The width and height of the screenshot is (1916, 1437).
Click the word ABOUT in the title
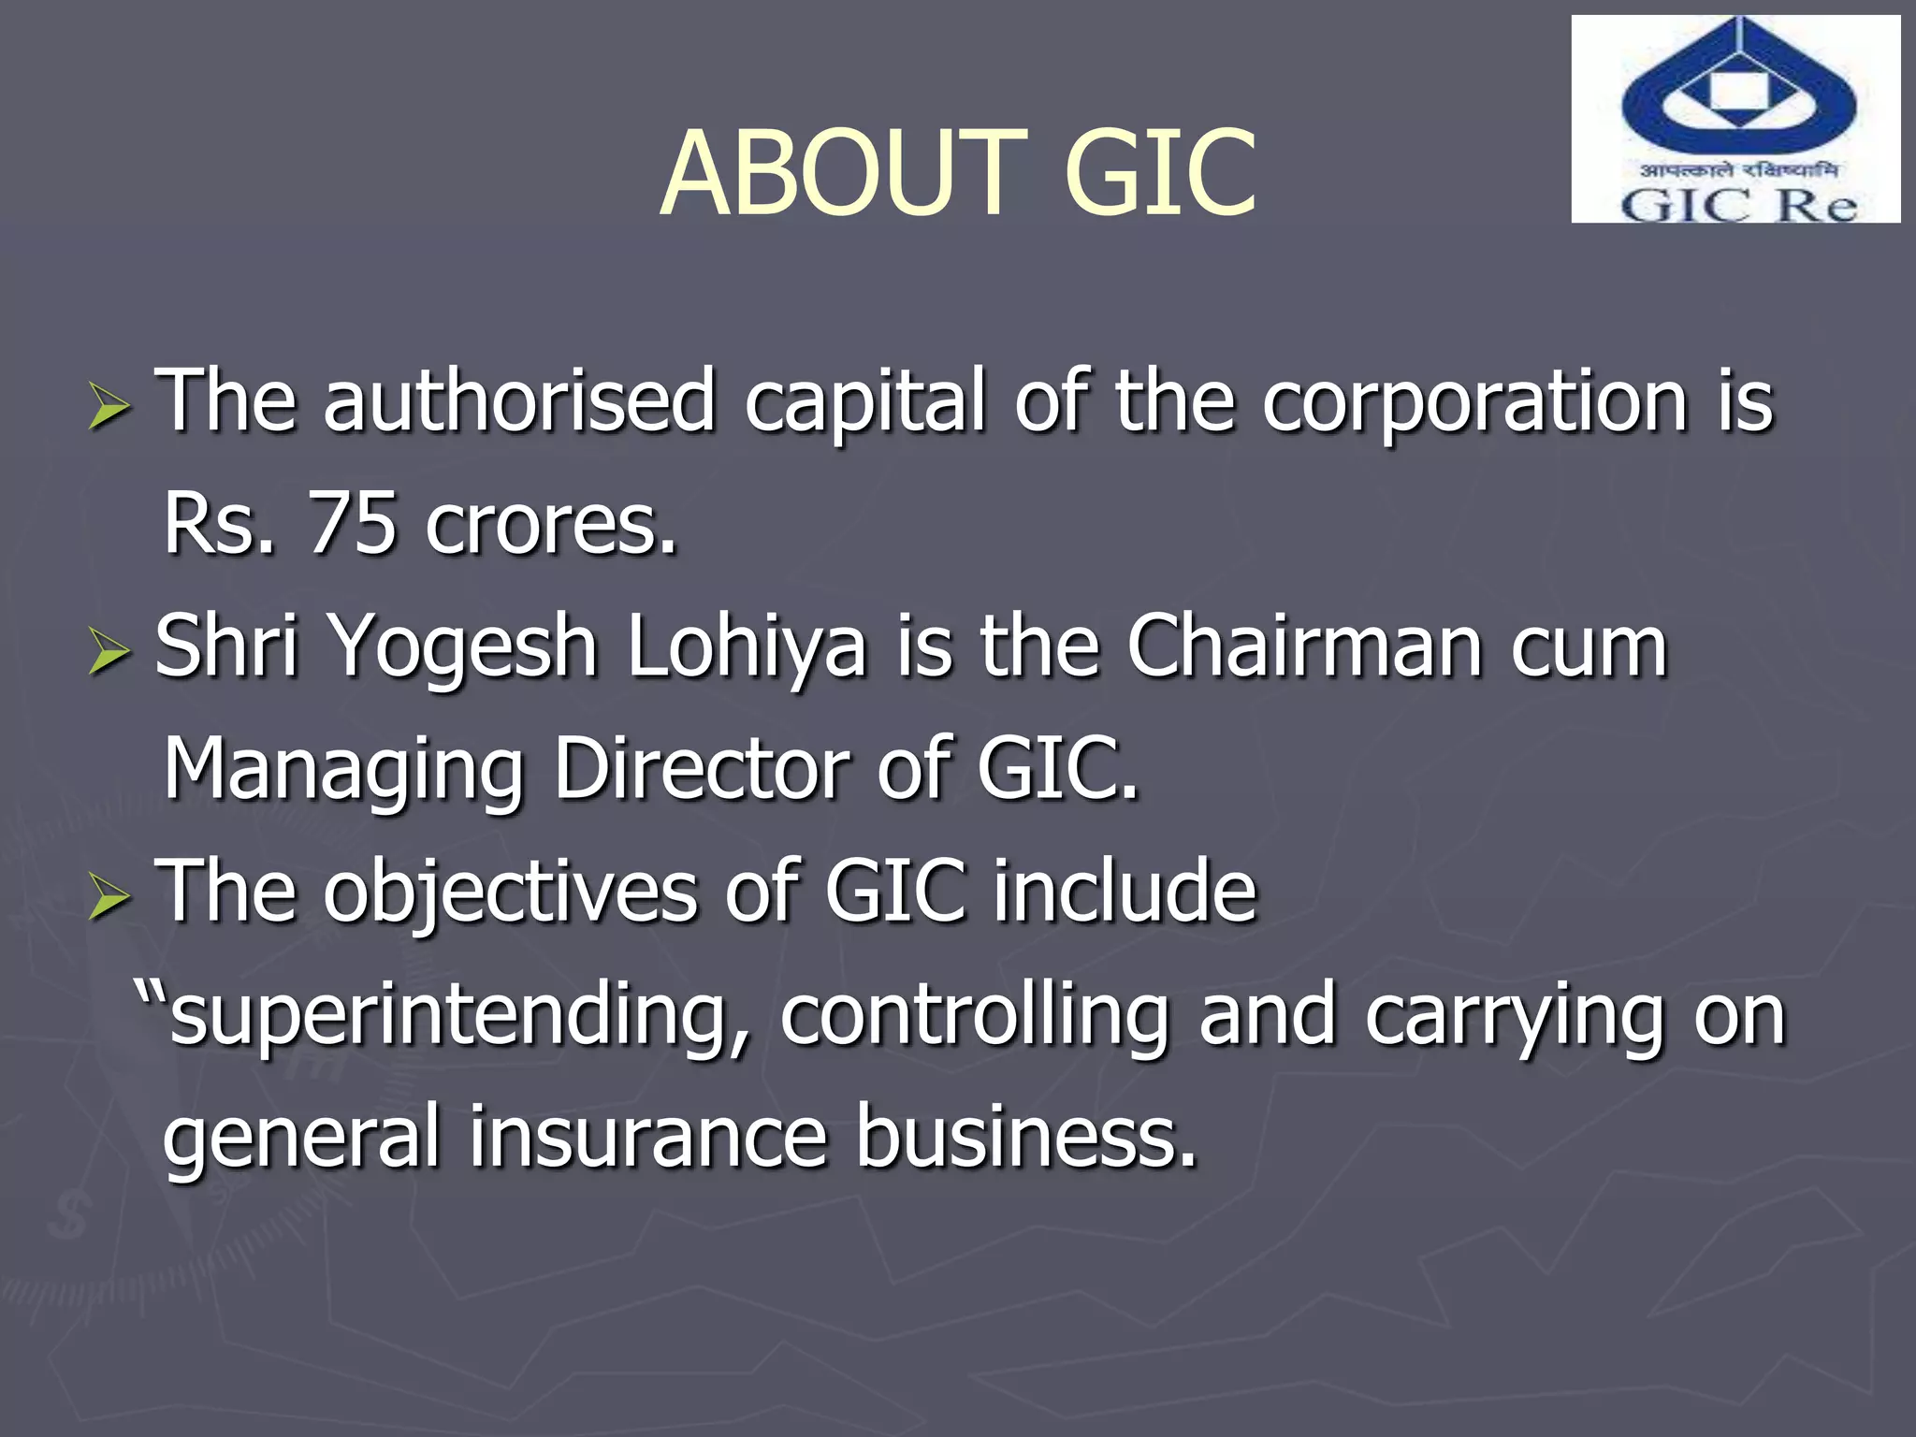[843, 174]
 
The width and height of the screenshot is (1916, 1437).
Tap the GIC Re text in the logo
[1738, 205]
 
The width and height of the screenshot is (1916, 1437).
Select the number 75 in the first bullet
[352, 524]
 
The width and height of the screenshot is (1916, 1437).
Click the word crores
[550, 524]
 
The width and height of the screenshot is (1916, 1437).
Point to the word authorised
[519, 402]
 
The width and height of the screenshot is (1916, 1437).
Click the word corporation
[1474, 402]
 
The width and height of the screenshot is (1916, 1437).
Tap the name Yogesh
[464, 647]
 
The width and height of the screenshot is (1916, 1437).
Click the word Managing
[342, 771]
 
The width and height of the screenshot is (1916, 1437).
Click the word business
[1026, 1138]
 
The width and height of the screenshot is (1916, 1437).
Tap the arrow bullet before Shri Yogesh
[109, 652]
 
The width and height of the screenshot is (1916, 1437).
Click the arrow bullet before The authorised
[109, 409]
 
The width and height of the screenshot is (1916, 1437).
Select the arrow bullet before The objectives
[109, 897]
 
